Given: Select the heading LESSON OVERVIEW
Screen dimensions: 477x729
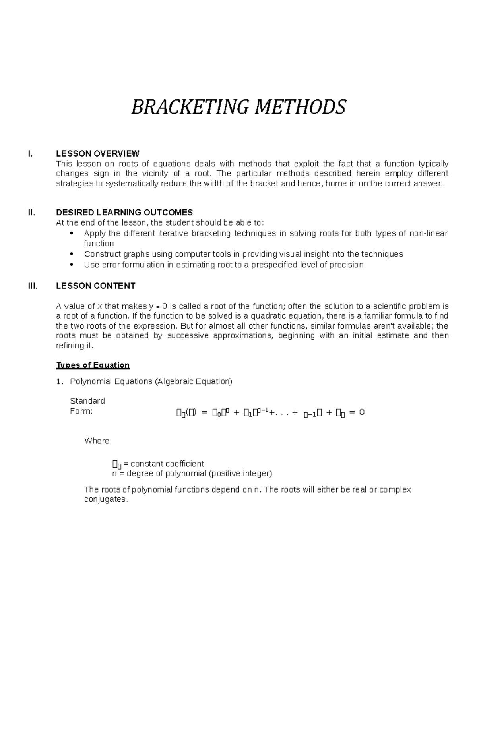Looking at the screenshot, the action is [98, 153].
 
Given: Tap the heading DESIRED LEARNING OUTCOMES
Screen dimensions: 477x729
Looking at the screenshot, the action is [124, 212].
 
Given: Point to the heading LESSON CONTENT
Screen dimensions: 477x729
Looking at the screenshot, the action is [96, 286].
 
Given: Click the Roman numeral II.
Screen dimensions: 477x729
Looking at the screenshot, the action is [31, 212].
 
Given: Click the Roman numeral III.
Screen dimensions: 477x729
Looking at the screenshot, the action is [33, 286].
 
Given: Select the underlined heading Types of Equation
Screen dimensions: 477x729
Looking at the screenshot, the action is [93, 365].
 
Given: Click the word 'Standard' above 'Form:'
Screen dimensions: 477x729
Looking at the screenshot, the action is [87, 401].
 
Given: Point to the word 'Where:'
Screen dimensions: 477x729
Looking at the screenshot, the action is [98, 441].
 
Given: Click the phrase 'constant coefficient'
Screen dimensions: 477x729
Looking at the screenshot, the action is [167, 464].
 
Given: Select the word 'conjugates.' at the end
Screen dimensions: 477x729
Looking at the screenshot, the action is [106, 499].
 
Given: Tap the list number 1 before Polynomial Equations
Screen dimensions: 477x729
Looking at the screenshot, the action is [59, 382].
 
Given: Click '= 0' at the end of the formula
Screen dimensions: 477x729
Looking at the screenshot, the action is [357, 412].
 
